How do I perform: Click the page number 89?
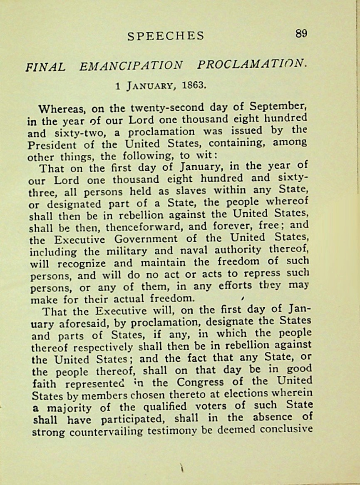(301, 34)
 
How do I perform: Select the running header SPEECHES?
(166, 36)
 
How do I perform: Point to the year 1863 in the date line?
(194, 85)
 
